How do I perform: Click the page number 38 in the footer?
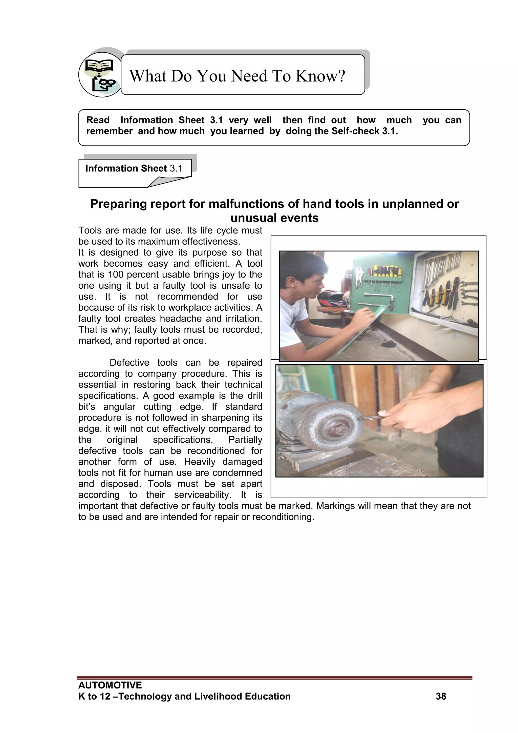coord(441,696)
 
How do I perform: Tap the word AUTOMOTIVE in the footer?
coord(110,685)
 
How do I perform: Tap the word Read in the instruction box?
coord(98,120)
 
